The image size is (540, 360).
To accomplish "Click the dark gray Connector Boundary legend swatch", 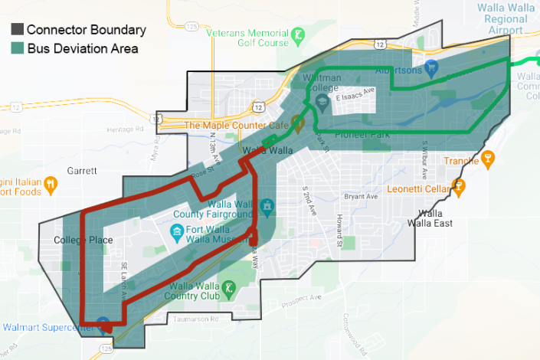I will (16, 31).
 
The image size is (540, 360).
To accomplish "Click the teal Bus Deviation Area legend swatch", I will (16, 49).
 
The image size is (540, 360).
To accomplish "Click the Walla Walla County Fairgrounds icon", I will (266, 205).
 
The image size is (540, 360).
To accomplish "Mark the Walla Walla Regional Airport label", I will (510, 18).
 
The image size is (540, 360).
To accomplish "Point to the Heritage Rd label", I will (120, 129).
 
